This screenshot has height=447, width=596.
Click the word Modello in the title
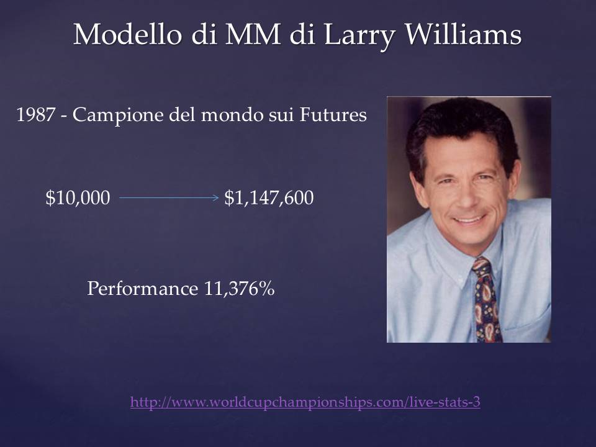[127, 34]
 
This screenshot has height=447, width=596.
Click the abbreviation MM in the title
[253, 35]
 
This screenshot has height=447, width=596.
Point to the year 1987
[36, 115]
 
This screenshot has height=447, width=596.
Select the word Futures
[333, 115]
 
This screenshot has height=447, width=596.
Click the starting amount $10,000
[78, 198]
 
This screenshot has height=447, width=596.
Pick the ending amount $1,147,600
[269, 198]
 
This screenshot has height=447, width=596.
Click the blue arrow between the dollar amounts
[169, 197]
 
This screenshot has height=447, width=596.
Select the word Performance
[143, 289]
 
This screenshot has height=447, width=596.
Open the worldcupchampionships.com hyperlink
[305, 402]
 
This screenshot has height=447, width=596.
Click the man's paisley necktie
[485, 300]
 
